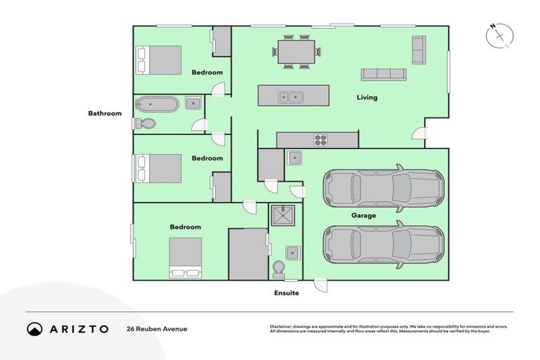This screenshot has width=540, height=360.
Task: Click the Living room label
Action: coord(366,98)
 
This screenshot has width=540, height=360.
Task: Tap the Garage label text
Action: coord(364,215)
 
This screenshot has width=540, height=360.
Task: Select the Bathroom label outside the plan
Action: coord(104,113)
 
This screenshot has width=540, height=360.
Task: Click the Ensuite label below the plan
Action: coord(286,292)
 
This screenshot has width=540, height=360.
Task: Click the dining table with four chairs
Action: coord(296,51)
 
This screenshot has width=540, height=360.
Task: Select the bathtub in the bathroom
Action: coord(157,105)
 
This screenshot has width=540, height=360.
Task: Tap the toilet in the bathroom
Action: coord(145,124)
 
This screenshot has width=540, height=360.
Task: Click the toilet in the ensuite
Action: coord(279,269)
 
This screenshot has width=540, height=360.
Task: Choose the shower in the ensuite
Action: coord(285,217)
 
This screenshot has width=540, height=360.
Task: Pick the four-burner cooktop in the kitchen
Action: coord(321,140)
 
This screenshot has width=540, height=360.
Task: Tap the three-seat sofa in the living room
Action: coord(383,74)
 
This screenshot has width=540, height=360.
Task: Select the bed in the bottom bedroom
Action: coord(185,257)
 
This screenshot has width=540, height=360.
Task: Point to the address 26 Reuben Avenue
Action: coord(157,329)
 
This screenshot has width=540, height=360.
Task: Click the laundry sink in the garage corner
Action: coord(294,157)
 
